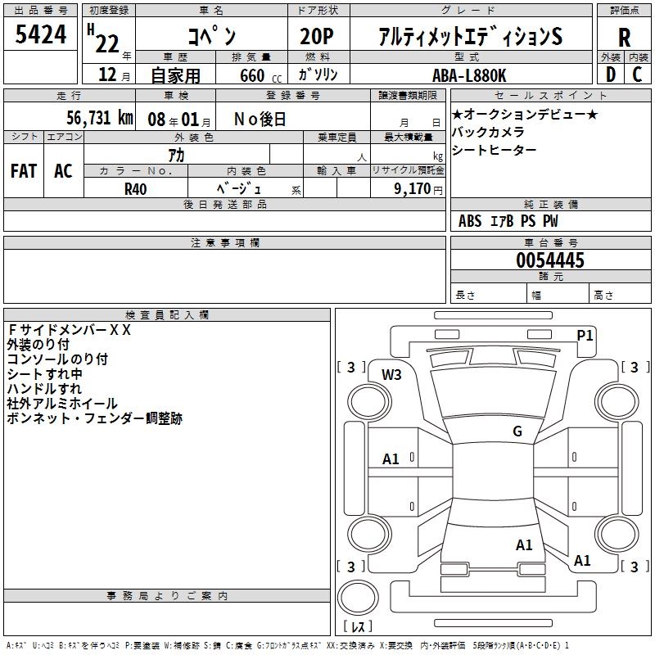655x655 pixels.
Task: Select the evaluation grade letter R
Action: pos(624,38)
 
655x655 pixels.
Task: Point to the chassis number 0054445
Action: pos(549,260)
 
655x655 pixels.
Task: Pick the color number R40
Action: pos(135,187)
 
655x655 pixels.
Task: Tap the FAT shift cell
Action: pos(24,170)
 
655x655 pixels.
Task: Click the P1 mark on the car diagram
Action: pos(585,335)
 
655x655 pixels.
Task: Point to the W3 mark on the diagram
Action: pos(391,375)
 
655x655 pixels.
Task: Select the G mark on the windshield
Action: pos(517,431)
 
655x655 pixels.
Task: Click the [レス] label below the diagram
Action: pos(357,626)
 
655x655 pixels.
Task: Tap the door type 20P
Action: pos(318,36)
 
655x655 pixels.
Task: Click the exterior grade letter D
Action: pos(610,75)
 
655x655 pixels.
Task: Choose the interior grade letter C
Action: pos(637,75)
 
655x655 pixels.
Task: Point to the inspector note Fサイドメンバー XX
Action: pos(69,330)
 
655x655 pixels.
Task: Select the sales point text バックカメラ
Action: pos(488,132)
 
